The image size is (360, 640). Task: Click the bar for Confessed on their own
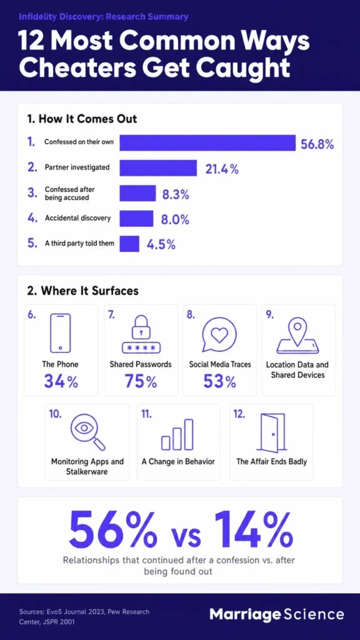pos(207,142)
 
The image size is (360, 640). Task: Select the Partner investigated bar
pos(158,167)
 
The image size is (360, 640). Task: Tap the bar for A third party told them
pos(129,244)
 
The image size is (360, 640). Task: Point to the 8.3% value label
pos(176,195)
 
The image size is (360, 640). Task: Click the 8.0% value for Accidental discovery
pos(175,220)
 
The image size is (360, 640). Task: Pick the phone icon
pos(60,332)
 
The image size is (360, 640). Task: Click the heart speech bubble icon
pos(219,333)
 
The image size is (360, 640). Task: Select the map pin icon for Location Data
pos(297,335)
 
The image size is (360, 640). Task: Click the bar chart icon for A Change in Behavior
pos(177,434)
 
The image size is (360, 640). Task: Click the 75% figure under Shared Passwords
pos(141,382)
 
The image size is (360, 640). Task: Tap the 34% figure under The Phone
pos(61,382)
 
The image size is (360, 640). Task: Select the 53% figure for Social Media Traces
pos(219,382)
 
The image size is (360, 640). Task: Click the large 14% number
pos(252,529)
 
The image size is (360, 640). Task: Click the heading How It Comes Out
pos(82,119)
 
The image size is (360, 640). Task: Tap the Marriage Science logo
pos(277,614)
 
